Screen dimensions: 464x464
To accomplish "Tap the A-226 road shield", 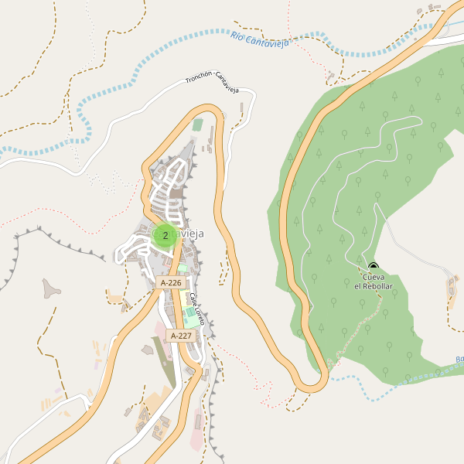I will tap(171, 283).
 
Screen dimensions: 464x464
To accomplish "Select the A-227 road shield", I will tap(180, 336).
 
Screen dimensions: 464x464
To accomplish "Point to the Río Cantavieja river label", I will tap(260, 39).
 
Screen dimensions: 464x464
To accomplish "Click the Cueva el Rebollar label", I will tap(374, 281).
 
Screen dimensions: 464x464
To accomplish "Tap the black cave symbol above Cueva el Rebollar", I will tap(374, 267).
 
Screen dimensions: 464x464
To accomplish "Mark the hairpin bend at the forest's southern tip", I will tap(314, 382).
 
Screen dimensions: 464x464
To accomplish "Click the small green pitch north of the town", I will tap(198, 125).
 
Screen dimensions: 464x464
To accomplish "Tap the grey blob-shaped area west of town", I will tap(51, 288).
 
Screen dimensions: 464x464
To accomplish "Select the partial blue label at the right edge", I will tap(459, 360).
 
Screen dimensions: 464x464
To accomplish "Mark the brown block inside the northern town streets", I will tap(176, 195).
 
